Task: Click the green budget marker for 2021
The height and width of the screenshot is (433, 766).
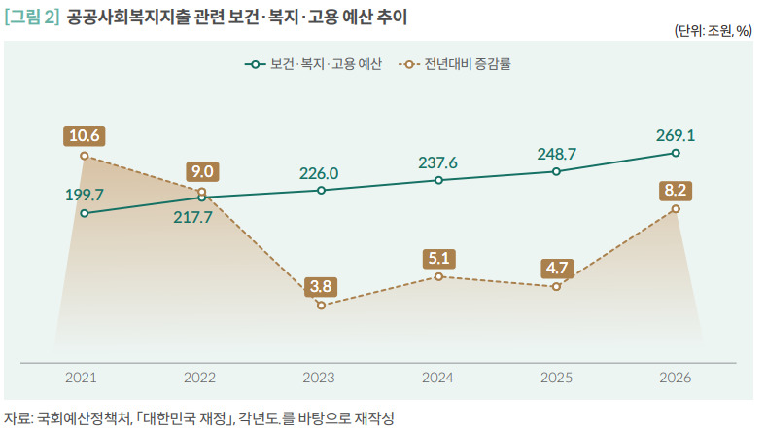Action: (84, 213)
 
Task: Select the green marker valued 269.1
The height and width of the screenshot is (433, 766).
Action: (676, 153)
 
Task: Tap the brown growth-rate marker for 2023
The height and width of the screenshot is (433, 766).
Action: (321, 306)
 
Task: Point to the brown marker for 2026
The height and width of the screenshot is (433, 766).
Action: (676, 209)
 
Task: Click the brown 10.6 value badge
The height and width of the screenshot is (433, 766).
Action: (84, 135)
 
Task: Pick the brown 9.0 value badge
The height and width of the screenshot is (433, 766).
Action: (202, 171)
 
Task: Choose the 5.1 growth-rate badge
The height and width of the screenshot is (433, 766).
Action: (438, 258)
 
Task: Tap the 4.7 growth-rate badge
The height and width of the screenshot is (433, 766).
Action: (557, 269)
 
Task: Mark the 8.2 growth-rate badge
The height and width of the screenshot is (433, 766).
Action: (676, 190)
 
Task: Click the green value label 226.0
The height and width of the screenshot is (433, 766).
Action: (319, 173)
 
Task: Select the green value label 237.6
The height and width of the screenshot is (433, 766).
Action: (437, 162)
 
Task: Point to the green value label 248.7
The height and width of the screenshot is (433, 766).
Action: (556, 154)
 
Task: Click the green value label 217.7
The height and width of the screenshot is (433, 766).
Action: (193, 217)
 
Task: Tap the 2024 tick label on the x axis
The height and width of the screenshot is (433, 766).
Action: (437, 378)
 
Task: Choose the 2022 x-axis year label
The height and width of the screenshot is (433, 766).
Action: (200, 378)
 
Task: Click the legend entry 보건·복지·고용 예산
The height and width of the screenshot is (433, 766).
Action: (313, 64)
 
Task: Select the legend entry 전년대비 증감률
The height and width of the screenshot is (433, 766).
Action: (455, 64)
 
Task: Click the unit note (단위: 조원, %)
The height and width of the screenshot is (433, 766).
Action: (713, 31)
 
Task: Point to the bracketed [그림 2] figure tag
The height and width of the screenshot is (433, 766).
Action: (32, 18)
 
